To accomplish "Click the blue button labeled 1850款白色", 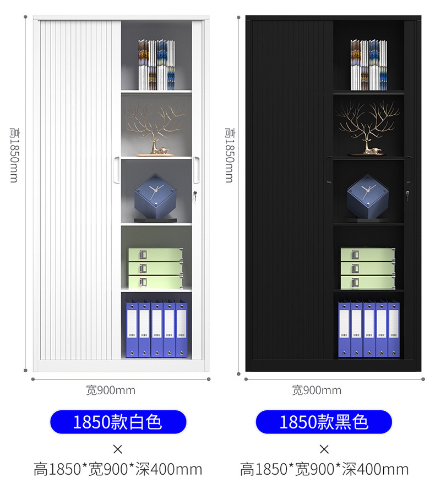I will [118, 422].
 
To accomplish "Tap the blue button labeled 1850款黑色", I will [324, 422].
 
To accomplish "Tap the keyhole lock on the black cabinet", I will [407, 194].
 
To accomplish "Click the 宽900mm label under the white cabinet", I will [111, 390].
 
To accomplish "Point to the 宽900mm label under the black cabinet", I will [317, 390].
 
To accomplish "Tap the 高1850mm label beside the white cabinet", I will [15, 155].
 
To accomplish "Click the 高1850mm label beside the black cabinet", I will [229, 155].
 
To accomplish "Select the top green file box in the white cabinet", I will [156, 254].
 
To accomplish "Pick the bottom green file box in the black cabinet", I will [368, 282].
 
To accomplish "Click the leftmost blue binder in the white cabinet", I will [132, 329].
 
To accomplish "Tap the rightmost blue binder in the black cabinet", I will [394, 329].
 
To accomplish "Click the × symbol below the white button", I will [118, 448].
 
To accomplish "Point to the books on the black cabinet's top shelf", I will [368, 65].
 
